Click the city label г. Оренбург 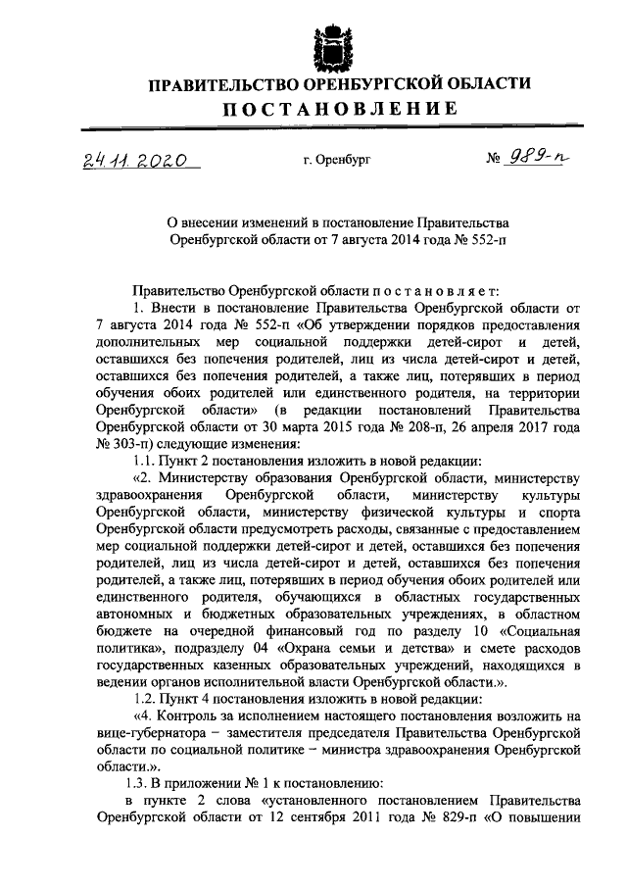click(x=338, y=157)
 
